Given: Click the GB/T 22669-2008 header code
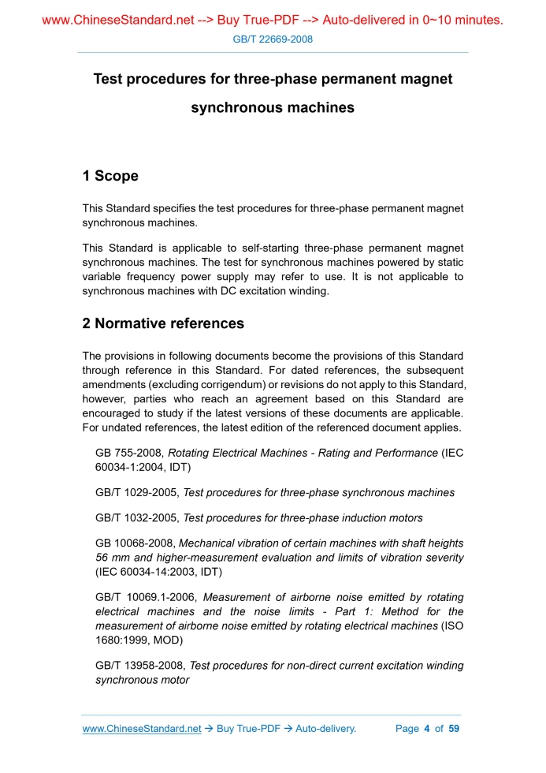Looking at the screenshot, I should [x=273, y=39].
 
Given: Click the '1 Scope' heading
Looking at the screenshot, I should [x=110, y=176].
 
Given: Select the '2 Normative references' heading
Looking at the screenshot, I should [x=163, y=323].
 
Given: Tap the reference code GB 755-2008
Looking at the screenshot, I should [x=129, y=453].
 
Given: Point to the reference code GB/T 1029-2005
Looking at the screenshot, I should [x=137, y=492].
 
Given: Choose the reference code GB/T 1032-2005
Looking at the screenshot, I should [x=137, y=518].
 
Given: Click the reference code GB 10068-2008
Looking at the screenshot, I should [x=136, y=543].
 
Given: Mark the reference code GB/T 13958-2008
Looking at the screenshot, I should [x=140, y=666].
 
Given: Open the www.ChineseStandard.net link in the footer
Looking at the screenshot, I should [x=142, y=728].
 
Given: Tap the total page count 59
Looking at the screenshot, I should [x=454, y=728].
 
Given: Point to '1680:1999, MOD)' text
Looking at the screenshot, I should [x=136, y=640].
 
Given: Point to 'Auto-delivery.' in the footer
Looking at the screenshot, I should [x=325, y=728].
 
